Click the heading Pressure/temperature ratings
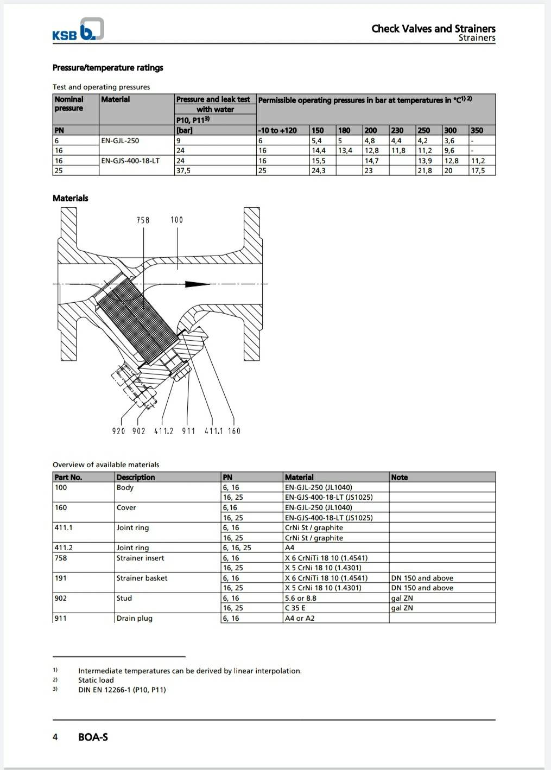107,68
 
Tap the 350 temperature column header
477,130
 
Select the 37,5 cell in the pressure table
183,170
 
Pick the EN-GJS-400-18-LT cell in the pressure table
130,161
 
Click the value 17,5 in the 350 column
478,170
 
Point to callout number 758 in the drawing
143,220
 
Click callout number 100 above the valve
177,220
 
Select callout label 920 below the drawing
118,431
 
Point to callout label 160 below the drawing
234,431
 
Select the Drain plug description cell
134,618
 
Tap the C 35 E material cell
295,608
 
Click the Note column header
400,477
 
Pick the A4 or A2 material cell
300,618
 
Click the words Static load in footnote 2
96,680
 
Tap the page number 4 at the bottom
55,737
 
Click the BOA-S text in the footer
93,737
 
